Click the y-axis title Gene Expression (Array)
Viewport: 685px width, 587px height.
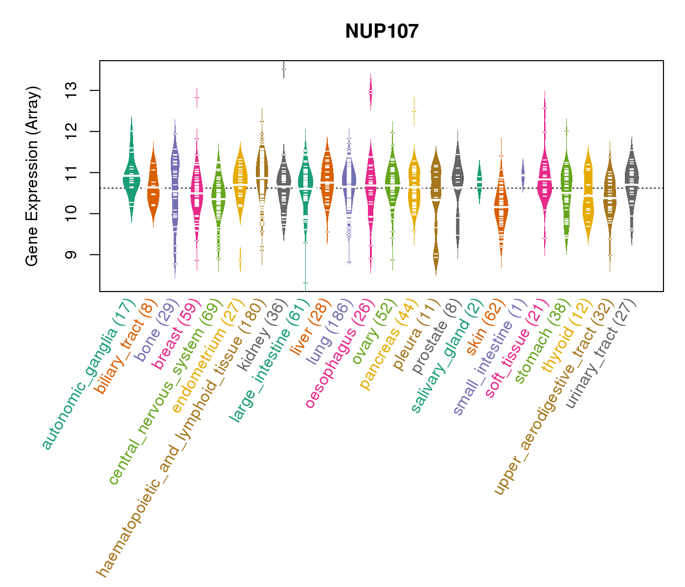tap(32, 177)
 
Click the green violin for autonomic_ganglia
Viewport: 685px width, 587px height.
tap(131, 176)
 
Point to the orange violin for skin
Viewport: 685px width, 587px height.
tap(501, 210)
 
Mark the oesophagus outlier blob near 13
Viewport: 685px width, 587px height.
tap(371, 92)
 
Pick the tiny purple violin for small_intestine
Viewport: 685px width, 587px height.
tap(523, 175)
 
